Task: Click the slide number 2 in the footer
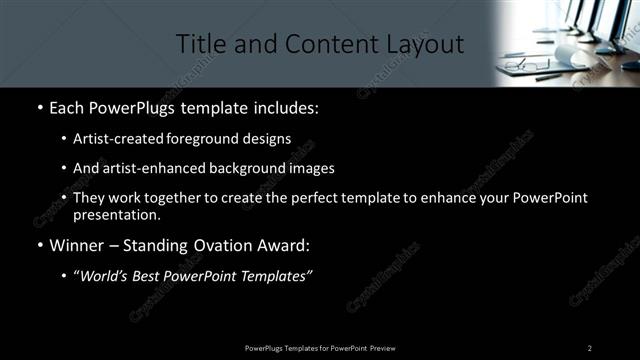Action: [590, 347]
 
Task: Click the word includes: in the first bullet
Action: [289, 106]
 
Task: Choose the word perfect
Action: [313, 198]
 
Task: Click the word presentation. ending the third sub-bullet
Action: [116, 214]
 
